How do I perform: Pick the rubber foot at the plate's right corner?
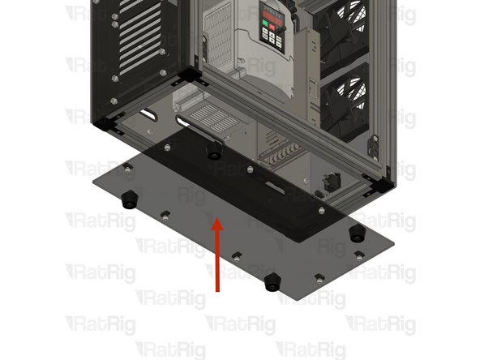coord(354,234)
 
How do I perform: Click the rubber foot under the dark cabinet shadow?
coord(214,152)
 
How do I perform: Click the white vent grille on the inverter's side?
coord(215,49)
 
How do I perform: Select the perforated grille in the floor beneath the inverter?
coord(212,114)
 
